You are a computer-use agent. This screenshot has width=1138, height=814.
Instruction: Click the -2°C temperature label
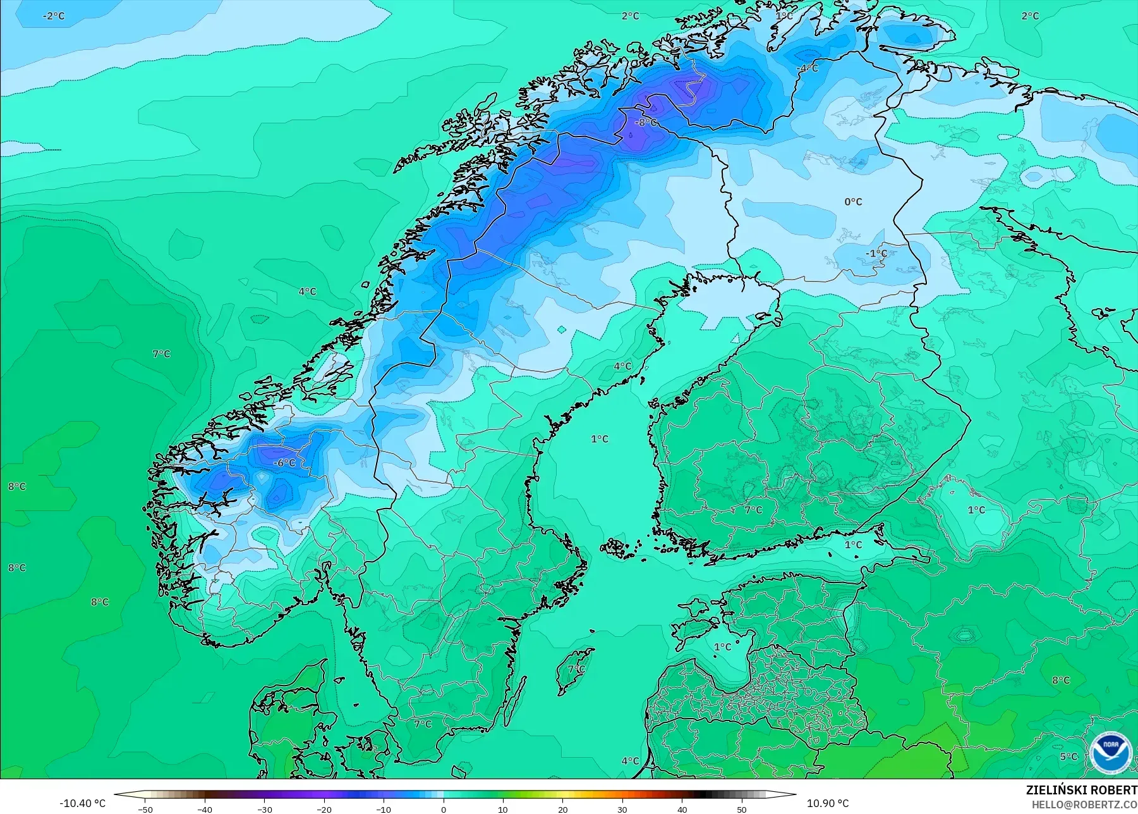(54, 16)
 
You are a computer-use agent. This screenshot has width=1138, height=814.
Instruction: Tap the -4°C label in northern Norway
(807, 68)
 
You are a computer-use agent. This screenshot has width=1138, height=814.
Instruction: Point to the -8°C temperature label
(646, 123)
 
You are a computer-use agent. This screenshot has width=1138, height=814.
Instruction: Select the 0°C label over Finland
(853, 202)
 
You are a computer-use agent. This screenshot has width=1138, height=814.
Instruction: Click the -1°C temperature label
(876, 254)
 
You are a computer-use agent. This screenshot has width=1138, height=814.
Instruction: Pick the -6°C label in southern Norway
(284, 463)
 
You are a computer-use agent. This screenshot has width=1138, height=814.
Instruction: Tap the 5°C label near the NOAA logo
(1068, 757)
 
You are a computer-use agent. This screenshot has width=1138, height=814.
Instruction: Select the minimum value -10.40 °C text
(82, 803)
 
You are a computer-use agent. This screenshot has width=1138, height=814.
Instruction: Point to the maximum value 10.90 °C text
(828, 803)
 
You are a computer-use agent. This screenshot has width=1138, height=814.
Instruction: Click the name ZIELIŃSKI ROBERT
(1081, 790)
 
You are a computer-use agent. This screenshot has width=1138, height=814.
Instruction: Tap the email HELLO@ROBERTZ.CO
(1084, 805)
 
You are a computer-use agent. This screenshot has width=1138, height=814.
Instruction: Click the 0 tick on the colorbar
(444, 809)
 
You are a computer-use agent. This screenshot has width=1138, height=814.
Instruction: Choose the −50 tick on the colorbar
(145, 809)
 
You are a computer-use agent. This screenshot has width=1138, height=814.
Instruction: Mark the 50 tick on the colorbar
(742, 809)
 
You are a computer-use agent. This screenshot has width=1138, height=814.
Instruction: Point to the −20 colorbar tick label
(324, 809)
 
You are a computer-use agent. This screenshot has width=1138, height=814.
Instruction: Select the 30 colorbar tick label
(622, 809)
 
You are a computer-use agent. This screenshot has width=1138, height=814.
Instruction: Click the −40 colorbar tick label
(204, 809)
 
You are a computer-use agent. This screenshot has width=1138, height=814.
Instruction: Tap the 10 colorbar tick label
(503, 809)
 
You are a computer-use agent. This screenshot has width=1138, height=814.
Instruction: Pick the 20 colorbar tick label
(563, 809)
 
